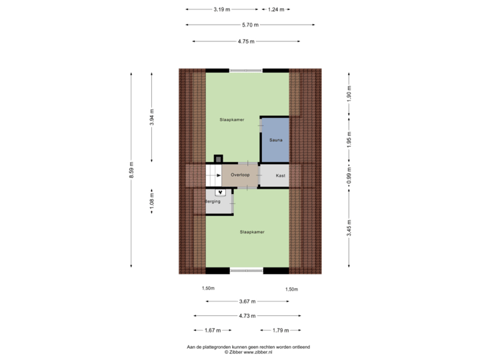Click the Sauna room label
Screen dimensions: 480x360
coord(276,140)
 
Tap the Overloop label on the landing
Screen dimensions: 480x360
coord(240,175)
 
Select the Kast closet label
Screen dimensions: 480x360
coord(281,175)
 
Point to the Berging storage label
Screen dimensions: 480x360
coord(213,201)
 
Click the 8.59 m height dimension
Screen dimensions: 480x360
coord(131,170)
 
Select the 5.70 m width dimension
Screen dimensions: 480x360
coord(251,25)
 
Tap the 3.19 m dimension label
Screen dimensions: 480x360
coord(222,9)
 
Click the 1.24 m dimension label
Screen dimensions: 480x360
coord(276,9)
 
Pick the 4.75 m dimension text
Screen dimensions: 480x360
coord(246,41)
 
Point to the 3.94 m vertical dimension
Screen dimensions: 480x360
coord(152,117)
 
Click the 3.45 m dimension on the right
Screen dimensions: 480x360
coord(349,228)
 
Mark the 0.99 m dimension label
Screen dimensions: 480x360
coord(349,176)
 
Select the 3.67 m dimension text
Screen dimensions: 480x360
coord(247,301)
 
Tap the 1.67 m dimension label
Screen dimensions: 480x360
coord(213,330)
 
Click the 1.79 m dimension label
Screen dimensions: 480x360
coord(281,330)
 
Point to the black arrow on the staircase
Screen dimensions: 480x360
coord(219,175)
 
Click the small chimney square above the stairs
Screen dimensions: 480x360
coord(218,159)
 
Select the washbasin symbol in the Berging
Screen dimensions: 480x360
coord(221,193)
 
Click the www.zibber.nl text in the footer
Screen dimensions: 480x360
coord(258,352)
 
